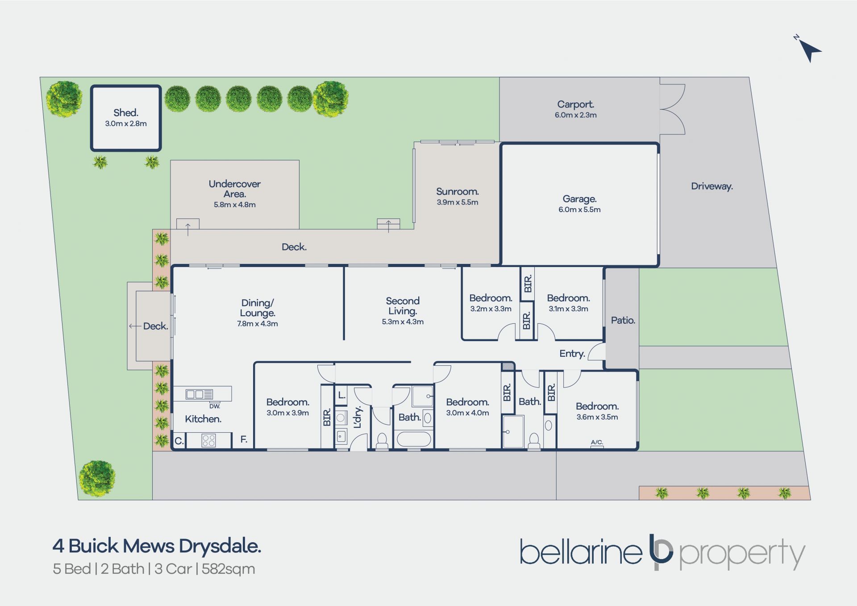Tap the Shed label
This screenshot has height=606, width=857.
pos(126,113)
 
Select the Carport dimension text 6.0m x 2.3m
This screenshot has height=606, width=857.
pos(576,115)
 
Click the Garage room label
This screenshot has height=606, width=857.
pos(579,199)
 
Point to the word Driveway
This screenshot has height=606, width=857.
pos(712,186)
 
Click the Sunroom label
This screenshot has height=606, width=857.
pos(458,192)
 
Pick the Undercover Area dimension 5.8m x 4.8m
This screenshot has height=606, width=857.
pos(235,205)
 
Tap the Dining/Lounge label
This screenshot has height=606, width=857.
pos(258,308)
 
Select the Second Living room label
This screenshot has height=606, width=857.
pos(403,306)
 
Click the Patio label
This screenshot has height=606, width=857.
pos(623,320)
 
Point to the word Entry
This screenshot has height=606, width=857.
pos(572,354)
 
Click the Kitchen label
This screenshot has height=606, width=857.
pos(203,419)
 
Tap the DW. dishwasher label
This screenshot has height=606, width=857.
pos(215,406)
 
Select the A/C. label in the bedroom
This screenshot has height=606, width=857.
pos(597,442)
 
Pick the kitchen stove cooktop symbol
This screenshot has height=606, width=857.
pos(209,440)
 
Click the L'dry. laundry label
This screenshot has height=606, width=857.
pos(357,417)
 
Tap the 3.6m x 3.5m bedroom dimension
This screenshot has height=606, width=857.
pos(597,417)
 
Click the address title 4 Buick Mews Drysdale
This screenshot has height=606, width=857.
pos(157,546)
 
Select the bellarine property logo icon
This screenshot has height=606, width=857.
pos(661,552)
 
